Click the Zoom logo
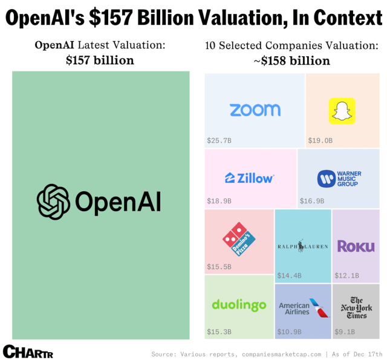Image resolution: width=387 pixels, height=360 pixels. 255,110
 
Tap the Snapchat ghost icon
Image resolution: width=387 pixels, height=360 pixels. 342,111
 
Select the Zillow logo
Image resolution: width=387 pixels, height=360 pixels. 249,178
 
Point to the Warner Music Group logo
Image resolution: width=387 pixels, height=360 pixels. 339,178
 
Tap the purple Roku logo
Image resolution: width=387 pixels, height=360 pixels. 356,246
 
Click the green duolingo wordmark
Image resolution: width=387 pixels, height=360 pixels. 239,304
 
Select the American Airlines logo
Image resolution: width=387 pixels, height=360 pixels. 303,307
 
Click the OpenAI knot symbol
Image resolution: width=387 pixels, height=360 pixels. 54,202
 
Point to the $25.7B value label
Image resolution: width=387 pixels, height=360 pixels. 219,140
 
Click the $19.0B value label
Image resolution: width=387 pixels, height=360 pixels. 320,140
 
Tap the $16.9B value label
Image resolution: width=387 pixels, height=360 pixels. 312,201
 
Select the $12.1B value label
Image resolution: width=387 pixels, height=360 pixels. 346,275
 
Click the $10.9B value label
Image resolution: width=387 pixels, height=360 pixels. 289,332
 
